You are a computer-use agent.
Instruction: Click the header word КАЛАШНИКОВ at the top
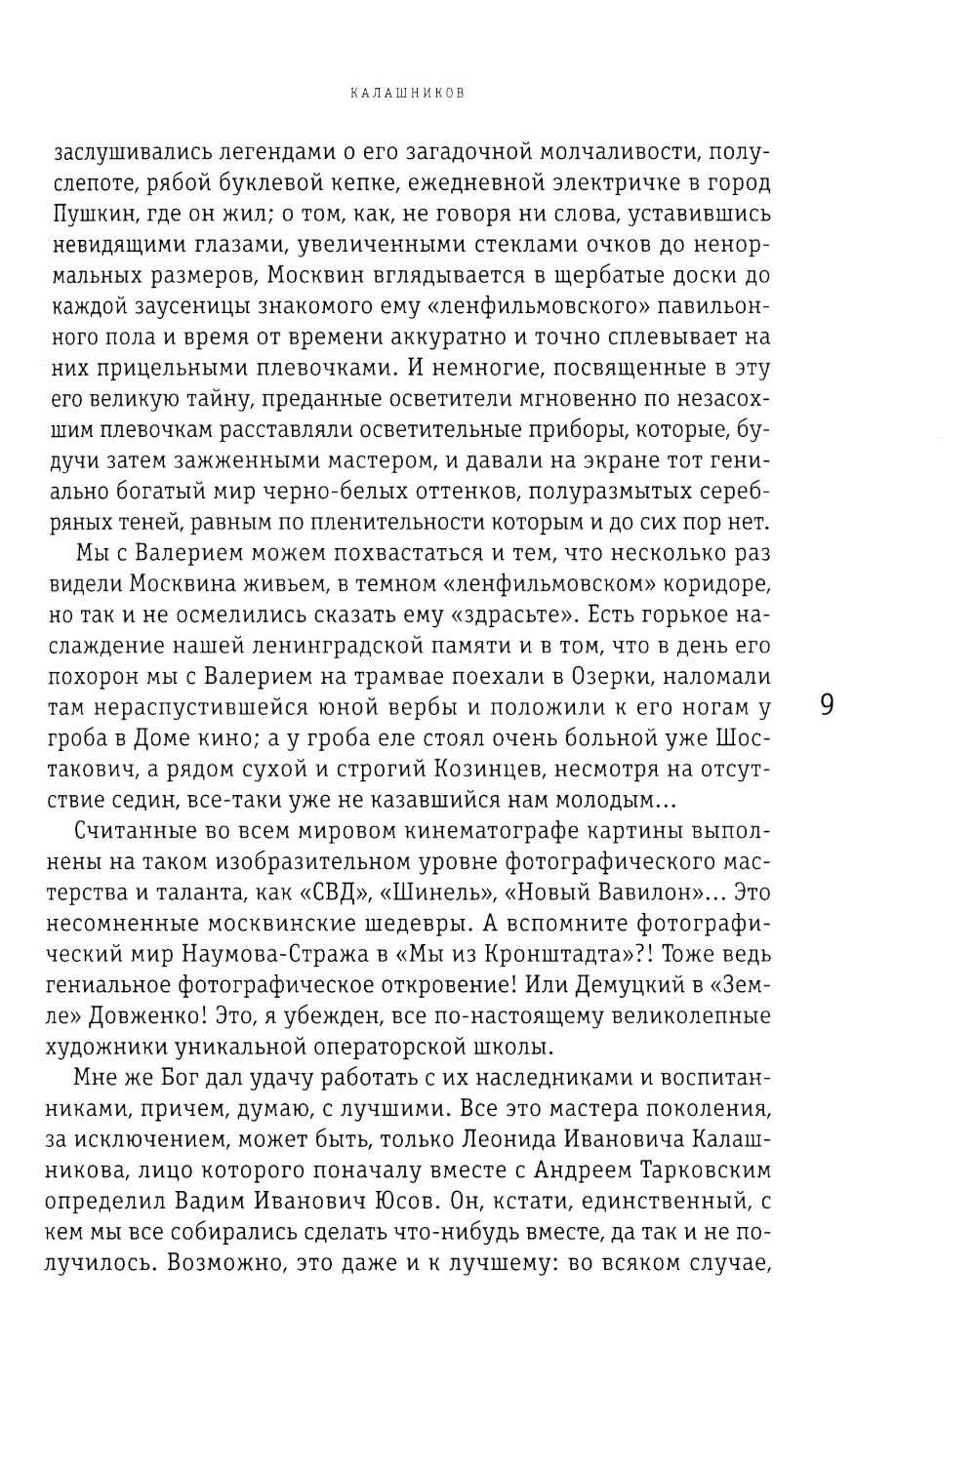coord(406,95)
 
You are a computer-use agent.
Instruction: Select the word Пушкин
coord(93,214)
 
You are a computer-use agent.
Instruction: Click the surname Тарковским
coord(689,1170)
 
